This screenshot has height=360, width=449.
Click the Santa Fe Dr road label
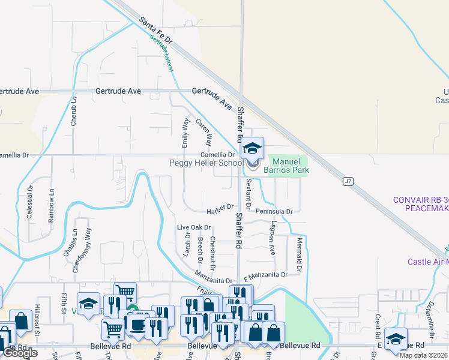pyautogui.click(x=156, y=31)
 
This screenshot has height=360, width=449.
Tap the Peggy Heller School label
pyautogui.click(x=206, y=163)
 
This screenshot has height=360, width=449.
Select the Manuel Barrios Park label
pyautogui.click(x=291, y=166)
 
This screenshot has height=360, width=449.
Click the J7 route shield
pyautogui.click(x=348, y=181)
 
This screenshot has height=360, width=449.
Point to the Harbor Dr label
pyautogui.click(x=220, y=207)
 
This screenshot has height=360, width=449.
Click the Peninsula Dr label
pyautogui.click(x=273, y=212)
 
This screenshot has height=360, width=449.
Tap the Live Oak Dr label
pyautogui.click(x=194, y=227)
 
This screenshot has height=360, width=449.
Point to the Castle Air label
pyautogui.click(x=426, y=262)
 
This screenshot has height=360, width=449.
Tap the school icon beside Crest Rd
pyautogui.click(x=396, y=339)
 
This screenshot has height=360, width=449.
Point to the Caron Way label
pyautogui.click(x=204, y=132)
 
